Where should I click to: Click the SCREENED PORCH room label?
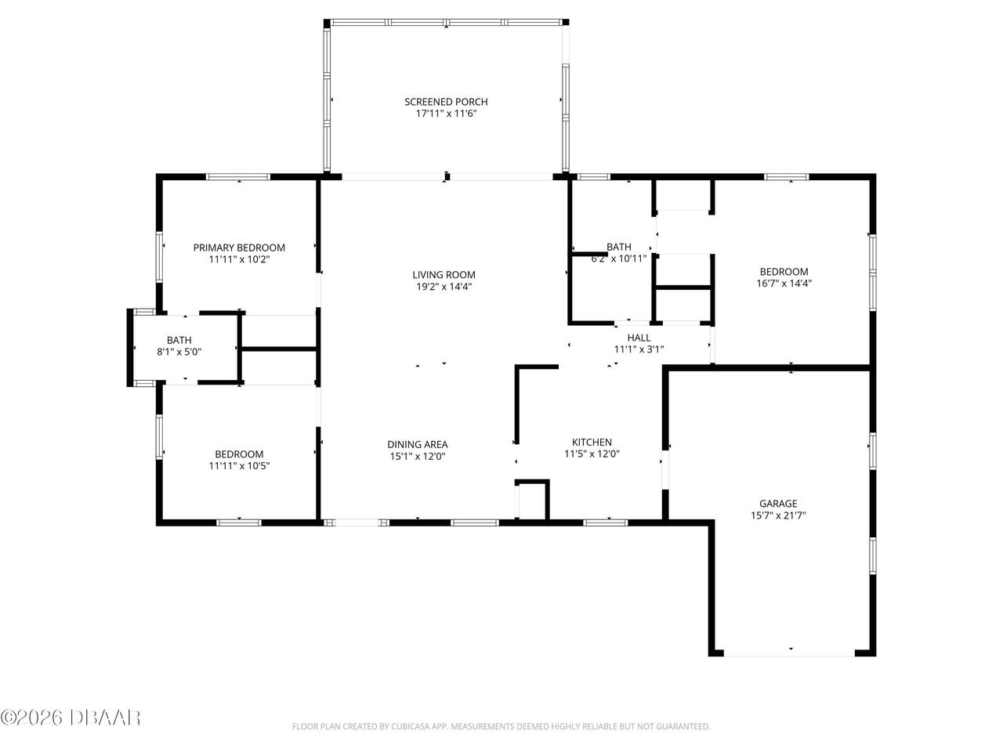coord(446,102)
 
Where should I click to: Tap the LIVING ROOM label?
coord(444,275)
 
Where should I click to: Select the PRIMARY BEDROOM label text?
coord(239,248)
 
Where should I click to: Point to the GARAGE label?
coord(777,504)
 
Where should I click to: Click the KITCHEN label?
coord(592,443)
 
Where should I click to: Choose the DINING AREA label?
coord(418,444)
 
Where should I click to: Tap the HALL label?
coord(639,338)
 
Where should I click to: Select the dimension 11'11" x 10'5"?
coord(239,466)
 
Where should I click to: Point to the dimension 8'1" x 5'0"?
coord(179,352)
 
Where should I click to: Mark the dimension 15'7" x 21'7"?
coord(777,515)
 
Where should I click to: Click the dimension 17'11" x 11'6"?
coord(446,114)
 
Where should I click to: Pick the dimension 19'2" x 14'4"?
coord(444,287)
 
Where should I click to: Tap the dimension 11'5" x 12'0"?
coord(592,454)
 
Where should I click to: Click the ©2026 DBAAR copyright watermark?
coord(71,716)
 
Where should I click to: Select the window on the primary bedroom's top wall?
coord(238,177)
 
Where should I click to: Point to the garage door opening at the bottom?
coord(790,652)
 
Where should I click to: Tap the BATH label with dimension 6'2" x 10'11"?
coord(618,247)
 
